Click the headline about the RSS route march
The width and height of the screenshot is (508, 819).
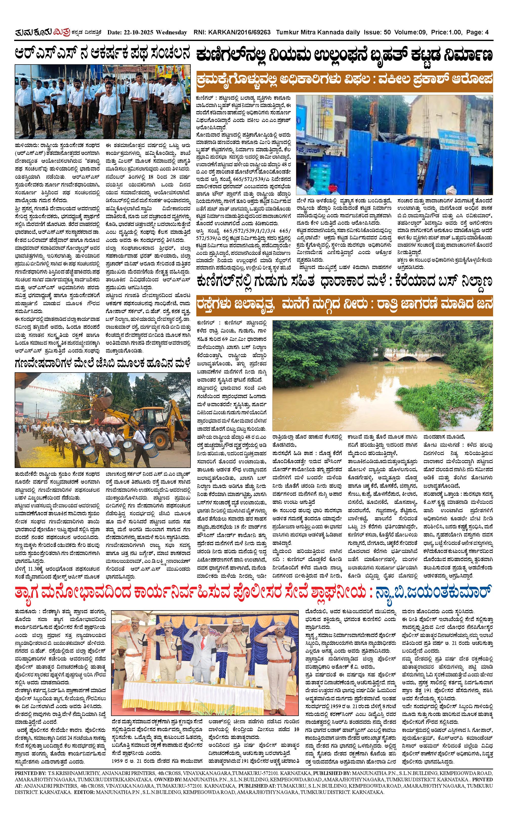pyautogui.click(x=102, y=54)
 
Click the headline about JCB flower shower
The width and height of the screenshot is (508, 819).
pyautogui.click(x=102, y=363)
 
